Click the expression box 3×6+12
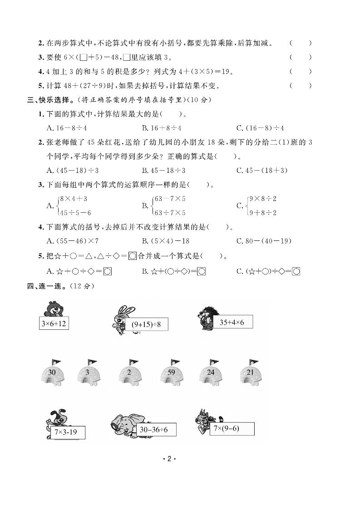[x=54, y=323]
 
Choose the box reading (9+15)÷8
[x=143, y=325]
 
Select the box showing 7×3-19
[x=66, y=432]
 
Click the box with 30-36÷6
[x=154, y=429]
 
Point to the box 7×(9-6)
[x=232, y=428]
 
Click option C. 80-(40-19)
[x=264, y=241]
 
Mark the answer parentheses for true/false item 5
[x=301, y=85]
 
